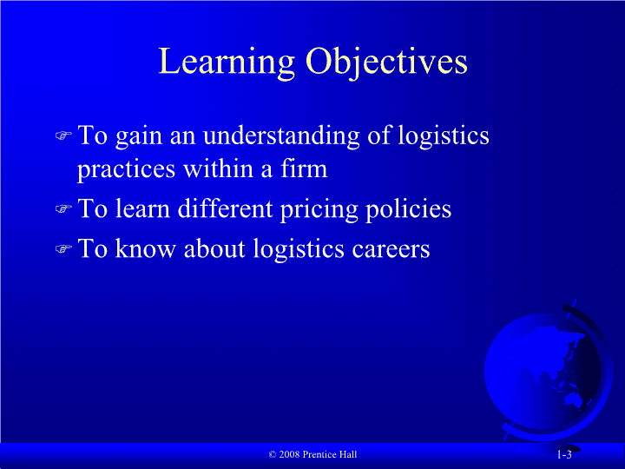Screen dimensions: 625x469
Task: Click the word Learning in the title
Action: [227, 63]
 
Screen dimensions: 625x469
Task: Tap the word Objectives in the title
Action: [386, 63]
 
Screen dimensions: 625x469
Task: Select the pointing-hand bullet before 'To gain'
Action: [63, 135]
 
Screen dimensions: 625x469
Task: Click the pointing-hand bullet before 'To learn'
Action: [63, 208]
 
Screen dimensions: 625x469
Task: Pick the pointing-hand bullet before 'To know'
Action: [63, 249]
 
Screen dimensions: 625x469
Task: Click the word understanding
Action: [281, 135]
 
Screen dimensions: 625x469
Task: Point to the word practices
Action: [126, 169]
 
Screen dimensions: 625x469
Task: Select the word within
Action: [219, 168]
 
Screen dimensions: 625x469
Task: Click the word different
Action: [225, 208]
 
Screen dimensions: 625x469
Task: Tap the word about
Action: [214, 249]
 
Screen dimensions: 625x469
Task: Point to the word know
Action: [146, 249]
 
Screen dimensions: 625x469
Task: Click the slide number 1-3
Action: [564, 454]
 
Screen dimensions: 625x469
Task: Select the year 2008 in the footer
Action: [289, 454]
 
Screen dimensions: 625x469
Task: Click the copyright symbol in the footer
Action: [273, 454]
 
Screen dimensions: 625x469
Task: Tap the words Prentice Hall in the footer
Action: [330, 454]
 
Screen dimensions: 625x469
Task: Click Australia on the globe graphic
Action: [574, 398]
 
